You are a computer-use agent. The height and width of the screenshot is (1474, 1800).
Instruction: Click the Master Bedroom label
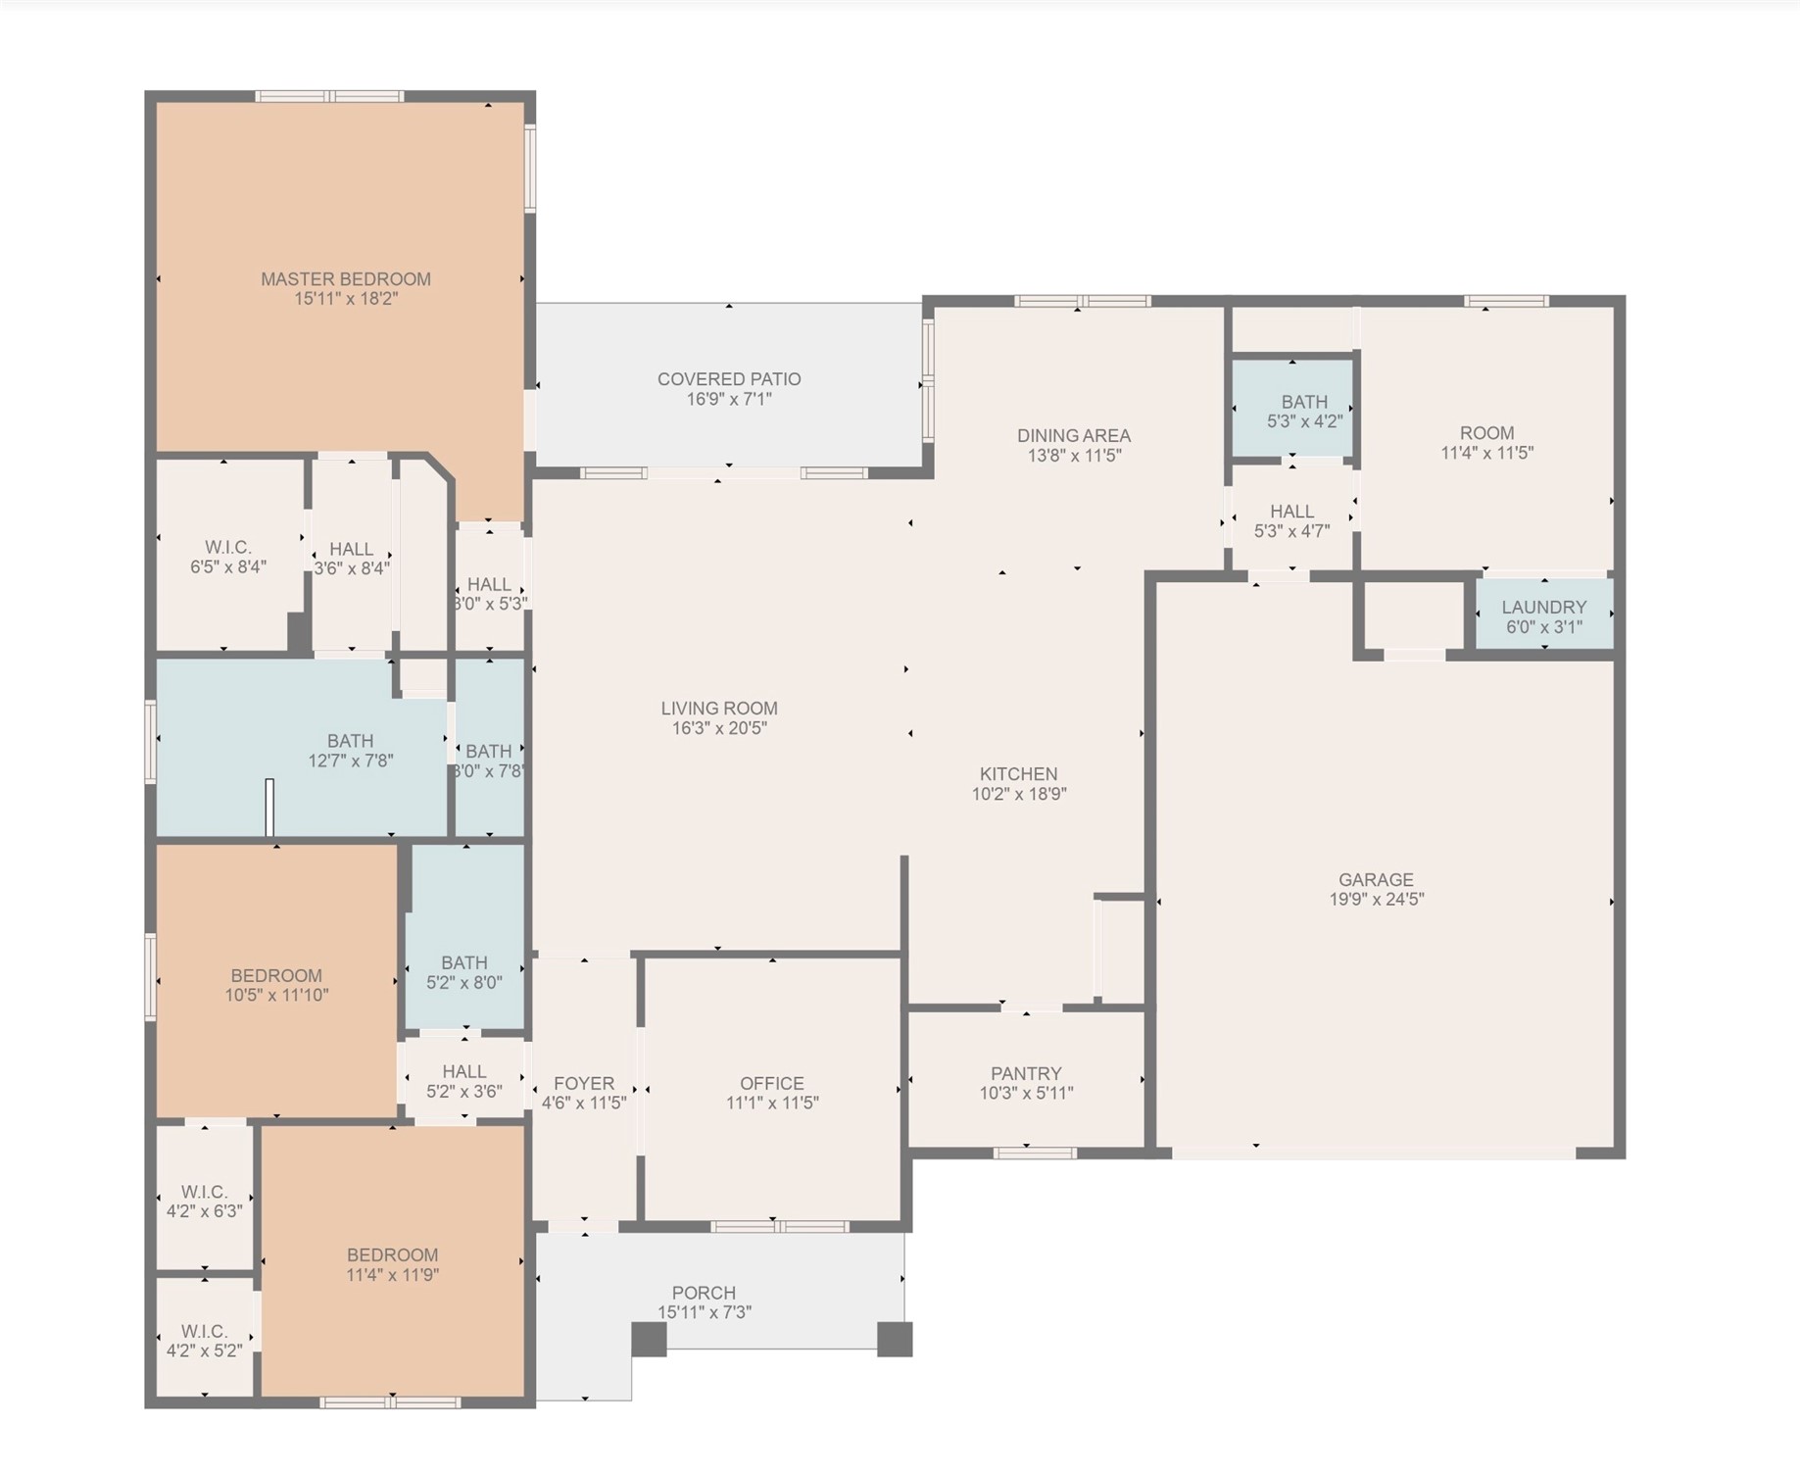345,279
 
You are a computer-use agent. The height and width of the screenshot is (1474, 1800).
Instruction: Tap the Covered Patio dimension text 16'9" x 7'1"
729,399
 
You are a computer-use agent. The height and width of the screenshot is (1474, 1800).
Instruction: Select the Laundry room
1543,615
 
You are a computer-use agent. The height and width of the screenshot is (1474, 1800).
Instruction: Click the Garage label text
1376,879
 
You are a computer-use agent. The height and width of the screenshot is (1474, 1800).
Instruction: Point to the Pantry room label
1026,1073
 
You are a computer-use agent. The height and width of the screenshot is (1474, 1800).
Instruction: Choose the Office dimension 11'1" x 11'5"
772,1103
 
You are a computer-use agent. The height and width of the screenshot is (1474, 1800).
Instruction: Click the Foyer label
584,1083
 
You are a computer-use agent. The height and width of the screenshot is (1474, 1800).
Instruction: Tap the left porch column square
649,1339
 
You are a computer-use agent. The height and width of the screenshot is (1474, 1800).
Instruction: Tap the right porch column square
894,1339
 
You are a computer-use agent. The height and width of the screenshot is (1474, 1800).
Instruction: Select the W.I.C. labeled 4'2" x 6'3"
204,1201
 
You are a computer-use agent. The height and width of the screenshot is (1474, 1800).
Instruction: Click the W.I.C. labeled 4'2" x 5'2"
204,1340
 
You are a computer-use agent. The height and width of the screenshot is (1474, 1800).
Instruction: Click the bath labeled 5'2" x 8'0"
464,972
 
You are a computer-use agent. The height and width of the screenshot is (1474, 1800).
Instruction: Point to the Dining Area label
1074,435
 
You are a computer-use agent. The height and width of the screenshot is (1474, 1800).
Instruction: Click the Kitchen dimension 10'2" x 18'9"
1019,794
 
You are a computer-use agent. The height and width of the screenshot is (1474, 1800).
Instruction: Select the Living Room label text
719,708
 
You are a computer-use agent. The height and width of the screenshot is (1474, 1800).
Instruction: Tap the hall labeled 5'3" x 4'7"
1291,520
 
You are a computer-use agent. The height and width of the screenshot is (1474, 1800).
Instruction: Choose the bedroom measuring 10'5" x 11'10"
276,984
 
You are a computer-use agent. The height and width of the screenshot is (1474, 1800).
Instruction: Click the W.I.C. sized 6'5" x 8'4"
228,556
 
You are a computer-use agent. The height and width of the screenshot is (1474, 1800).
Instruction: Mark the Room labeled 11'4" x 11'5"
1486,442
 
